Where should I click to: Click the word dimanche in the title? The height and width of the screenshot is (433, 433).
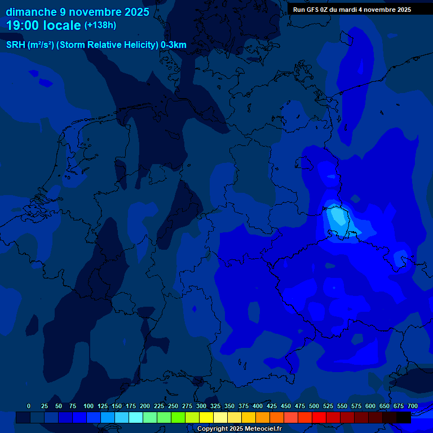coord(31,12)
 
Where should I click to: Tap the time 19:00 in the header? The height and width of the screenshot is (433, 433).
coord(23,25)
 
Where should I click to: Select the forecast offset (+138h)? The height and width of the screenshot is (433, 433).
coord(100,25)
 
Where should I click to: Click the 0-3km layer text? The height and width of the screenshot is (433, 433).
coord(174,45)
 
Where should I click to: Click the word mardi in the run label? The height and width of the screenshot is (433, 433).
coord(355,10)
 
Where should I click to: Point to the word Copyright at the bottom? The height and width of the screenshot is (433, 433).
coord(213,428)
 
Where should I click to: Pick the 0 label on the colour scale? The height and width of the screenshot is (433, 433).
coord(29,406)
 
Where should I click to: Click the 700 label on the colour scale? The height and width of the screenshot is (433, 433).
coord(412,406)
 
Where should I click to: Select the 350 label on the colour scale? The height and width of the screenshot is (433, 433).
coord(229,406)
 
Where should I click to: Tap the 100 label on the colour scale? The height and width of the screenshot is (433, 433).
coord(88,406)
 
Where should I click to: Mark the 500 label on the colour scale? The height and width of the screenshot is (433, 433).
coord(313,406)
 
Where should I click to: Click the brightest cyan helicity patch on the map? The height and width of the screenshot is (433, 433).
coord(337,216)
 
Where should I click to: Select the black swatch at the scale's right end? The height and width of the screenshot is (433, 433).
coord(404,417)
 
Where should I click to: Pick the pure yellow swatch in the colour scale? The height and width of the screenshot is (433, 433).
coord(206,417)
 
